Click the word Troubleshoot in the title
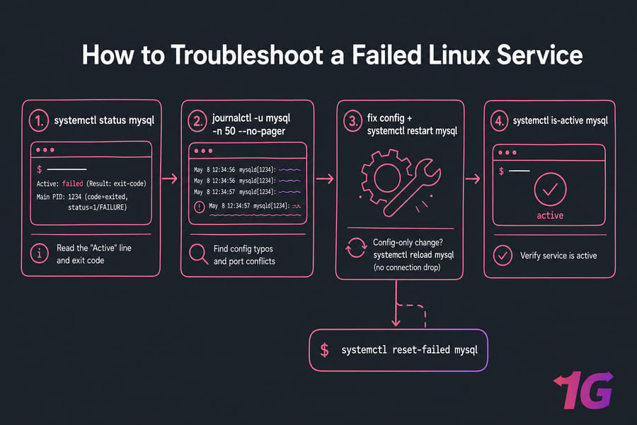(247, 55)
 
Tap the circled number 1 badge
(39, 121)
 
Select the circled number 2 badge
(198, 121)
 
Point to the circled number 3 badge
(352, 121)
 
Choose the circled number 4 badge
(499, 121)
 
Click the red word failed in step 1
(73, 184)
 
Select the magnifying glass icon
(198, 254)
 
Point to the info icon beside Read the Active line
(40, 254)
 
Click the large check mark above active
(550, 189)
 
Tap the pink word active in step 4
(550, 215)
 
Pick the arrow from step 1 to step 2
(170, 178)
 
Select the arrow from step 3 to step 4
(473, 178)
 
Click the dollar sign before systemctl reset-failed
(324, 350)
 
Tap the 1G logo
(583, 390)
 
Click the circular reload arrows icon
(356, 248)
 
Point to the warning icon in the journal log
(199, 207)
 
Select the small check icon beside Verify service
(503, 256)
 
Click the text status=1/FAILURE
(98, 208)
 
